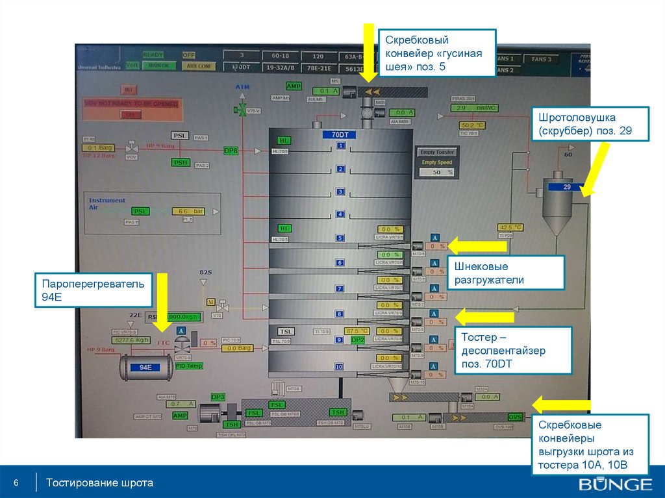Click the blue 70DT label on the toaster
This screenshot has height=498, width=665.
340,135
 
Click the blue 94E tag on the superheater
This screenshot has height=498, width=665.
145,367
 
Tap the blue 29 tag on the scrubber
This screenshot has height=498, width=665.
566,187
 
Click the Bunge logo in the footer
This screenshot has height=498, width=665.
615,484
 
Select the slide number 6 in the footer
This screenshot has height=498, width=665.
16,483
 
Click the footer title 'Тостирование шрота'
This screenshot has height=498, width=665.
99,483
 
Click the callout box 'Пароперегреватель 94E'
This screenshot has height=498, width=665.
95,290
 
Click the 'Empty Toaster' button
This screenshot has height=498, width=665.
437,152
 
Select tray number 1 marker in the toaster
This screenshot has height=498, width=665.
340,147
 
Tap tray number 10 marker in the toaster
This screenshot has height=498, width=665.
339,367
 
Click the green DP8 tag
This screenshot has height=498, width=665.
231,151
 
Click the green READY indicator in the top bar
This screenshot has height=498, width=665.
153,55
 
